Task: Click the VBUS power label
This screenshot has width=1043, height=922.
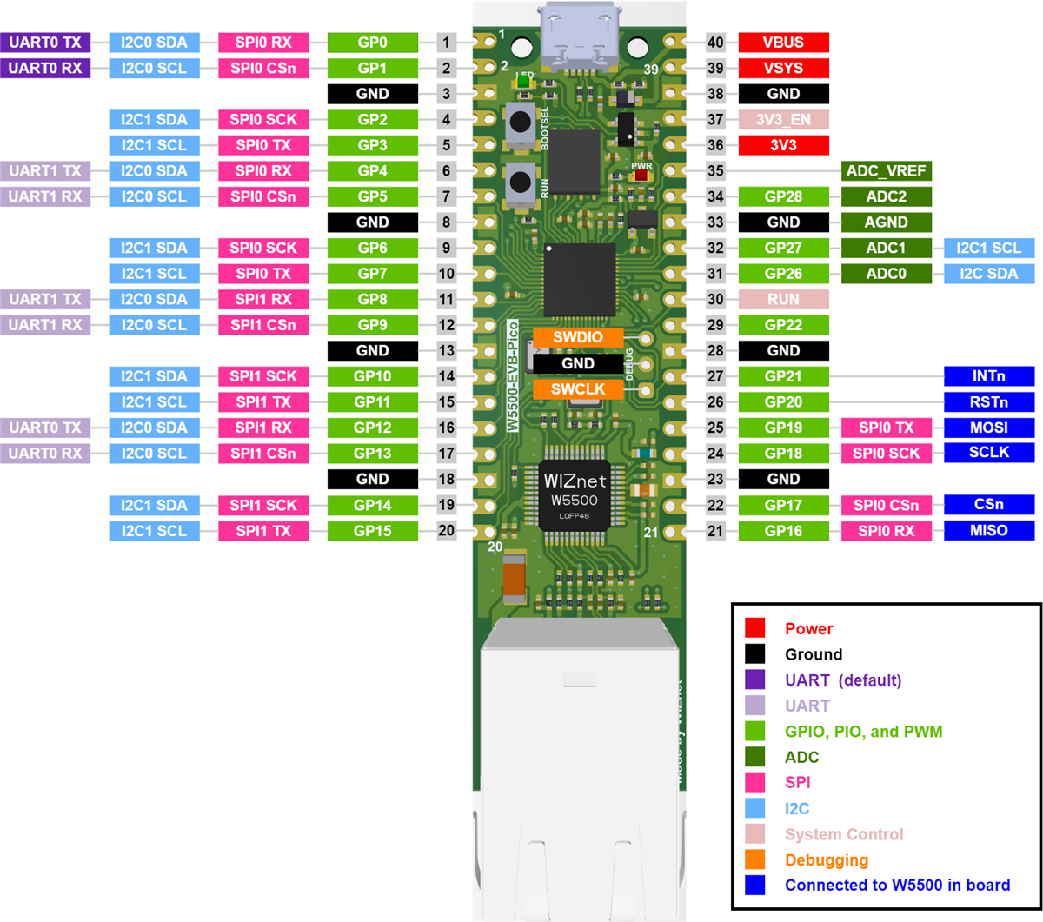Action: coord(783,43)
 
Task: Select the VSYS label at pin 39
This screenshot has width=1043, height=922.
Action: coord(783,68)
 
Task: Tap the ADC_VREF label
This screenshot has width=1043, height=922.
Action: coord(886,171)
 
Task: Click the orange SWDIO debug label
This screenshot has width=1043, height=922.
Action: coord(578,337)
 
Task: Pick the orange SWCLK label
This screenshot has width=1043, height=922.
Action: coord(578,389)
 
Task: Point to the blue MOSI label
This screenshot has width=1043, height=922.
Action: coord(989,428)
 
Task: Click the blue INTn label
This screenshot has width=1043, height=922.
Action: coord(989,376)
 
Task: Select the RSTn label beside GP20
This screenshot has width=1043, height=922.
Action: coord(989,402)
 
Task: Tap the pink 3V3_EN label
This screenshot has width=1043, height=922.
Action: coord(783,120)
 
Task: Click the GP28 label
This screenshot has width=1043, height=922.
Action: coord(783,196)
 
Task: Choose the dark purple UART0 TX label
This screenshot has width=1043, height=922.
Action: coord(45,43)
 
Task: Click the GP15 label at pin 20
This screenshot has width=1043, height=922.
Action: coord(372,531)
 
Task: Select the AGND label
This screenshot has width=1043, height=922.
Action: coord(886,222)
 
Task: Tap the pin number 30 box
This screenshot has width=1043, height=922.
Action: coord(714,299)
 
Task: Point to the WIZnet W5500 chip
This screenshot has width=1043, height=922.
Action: coord(575,495)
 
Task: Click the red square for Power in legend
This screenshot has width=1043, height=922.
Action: coord(754,628)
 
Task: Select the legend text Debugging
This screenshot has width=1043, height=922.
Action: coord(826,860)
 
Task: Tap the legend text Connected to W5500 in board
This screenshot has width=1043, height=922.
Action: coord(897,886)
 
